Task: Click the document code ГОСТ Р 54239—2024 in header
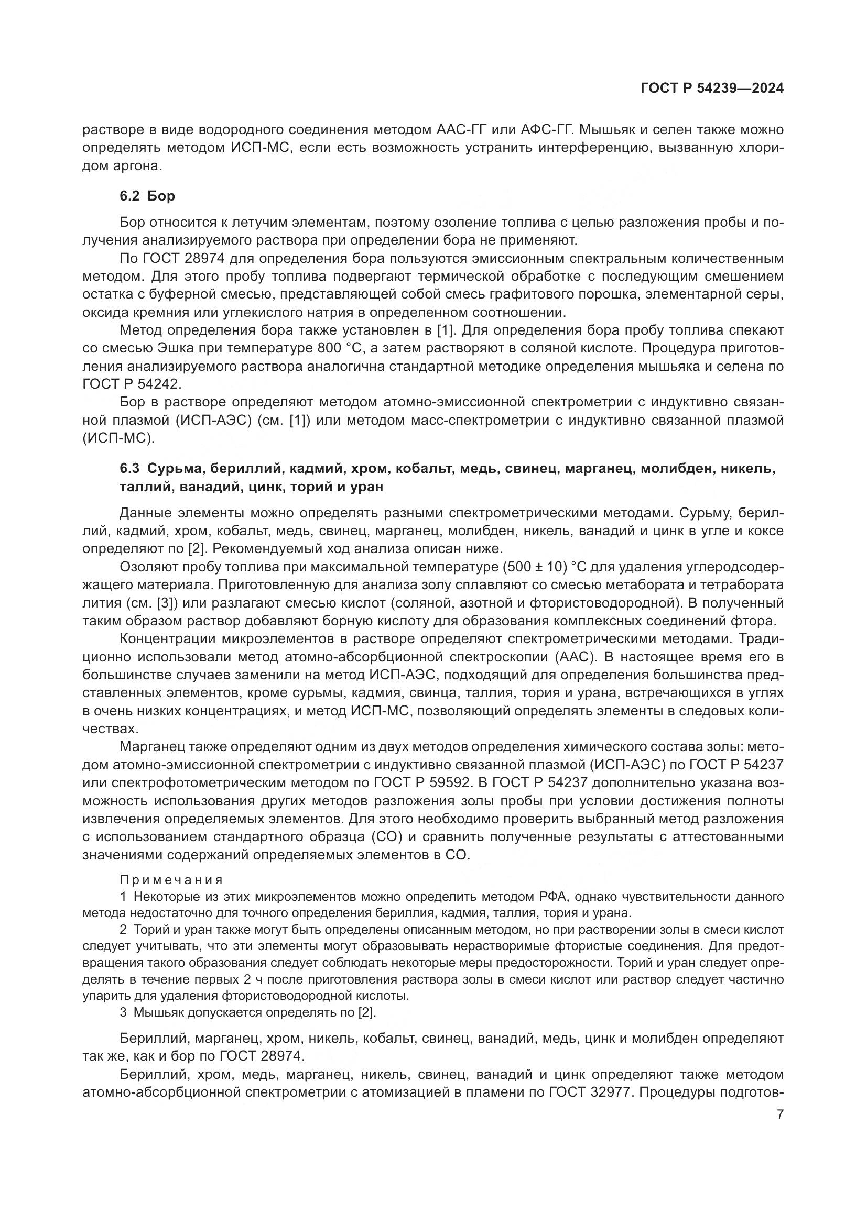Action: [x=712, y=89]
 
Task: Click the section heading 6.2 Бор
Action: [x=147, y=196]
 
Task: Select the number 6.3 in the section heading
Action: [x=129, y=469]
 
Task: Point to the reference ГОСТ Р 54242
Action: [x=132, y=384]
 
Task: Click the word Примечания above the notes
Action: [x=171, y=880]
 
